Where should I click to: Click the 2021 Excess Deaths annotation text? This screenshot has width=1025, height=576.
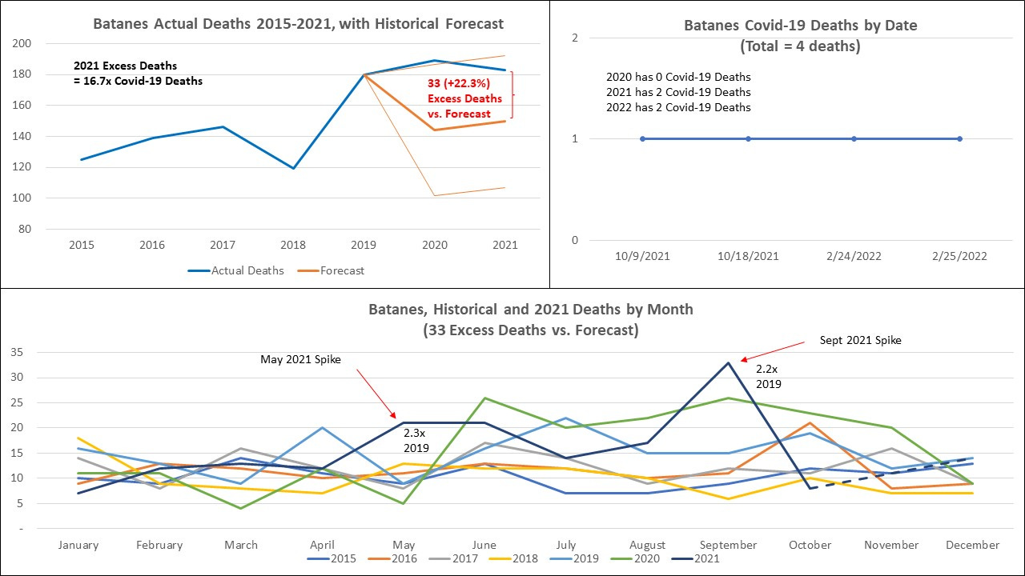point(137,73)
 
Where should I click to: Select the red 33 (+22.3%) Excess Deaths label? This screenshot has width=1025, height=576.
point(464,98)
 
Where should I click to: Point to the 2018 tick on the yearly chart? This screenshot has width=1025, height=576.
point(294,245)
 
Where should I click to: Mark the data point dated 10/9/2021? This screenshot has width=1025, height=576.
point(642,139)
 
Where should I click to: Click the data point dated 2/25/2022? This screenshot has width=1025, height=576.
point(959,139)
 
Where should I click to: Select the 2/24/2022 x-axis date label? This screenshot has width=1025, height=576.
point(854,257)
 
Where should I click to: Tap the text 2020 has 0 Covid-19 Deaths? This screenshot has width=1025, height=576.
point(678,77)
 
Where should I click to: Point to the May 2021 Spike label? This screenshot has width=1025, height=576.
point(300,359)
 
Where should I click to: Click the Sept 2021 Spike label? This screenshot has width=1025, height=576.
point(860,340)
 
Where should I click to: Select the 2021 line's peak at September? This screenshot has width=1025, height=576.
point(728,362)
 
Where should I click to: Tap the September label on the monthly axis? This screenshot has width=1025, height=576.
point(728,545)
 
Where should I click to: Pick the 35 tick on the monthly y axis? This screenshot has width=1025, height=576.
point(18,352)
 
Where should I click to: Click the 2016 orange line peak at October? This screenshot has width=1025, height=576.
point(810,422)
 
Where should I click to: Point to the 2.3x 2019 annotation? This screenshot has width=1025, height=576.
point(416,439)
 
